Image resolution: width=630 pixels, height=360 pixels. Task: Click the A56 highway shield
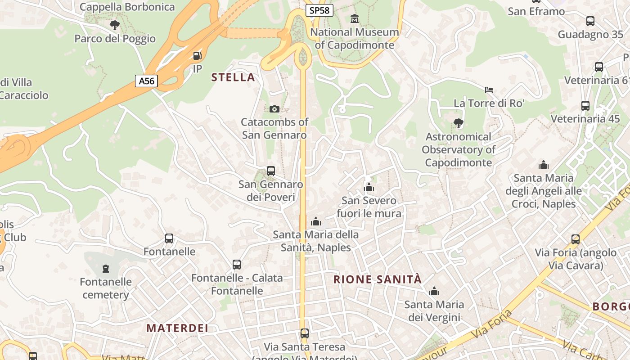click(x=147, y=81)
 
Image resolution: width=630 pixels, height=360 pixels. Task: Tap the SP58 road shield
click(x=319, y=10)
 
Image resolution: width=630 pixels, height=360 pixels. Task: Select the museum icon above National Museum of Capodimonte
click(x=355, y=19)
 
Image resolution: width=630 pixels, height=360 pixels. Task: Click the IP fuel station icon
click(x=197, y=56)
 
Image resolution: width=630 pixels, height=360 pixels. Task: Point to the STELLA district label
click(x=233, y=77)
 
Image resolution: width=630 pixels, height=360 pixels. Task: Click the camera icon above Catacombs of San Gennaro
click(x=274, y=109)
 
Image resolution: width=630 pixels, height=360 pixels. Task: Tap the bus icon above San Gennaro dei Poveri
click(x=270, y=171)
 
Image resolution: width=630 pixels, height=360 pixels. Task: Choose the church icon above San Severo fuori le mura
click(x=369, y=187)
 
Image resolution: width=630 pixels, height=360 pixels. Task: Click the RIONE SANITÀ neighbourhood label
click(x=378, y=279)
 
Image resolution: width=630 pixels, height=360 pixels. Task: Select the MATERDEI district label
click(x=177, y=328)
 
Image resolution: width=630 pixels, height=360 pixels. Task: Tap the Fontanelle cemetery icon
click(x=106, y=269)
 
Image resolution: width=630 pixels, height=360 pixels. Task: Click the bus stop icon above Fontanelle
click(x=169, y=238)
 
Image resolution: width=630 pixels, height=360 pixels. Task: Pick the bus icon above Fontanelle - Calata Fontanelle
click(x=237, y=265)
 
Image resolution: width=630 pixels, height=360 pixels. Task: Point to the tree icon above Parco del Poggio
click(x=115, y=25)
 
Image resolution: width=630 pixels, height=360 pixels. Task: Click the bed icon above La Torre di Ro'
click(x=489, y=90)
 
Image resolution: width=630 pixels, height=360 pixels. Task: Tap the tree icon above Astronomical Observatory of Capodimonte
click(x=458, y=123)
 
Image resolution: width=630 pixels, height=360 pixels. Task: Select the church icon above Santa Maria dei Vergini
click(x=434, y=292)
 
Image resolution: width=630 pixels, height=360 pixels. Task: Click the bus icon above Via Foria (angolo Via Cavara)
click(x=575, y=239)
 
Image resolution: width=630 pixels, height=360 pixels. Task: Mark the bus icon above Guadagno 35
click(x=590, y=21)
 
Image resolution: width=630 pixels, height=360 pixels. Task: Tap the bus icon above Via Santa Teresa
click(x=305, y=333)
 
